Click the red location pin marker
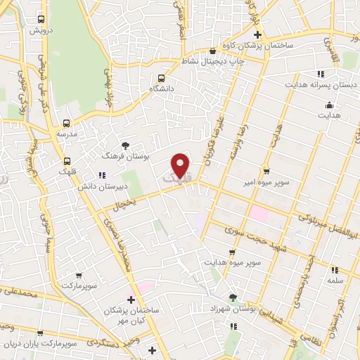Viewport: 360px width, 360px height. pos(181,165)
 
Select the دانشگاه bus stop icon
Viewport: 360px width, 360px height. pos(162,78)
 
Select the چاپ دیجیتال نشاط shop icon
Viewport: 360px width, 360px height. pos(213,51)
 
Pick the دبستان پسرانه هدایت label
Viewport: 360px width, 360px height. pos(314,84)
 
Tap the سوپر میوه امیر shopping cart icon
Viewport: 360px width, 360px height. pos(266,170)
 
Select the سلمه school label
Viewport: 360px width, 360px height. pos(334,281)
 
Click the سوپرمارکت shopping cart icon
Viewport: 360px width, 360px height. pos(78,276)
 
